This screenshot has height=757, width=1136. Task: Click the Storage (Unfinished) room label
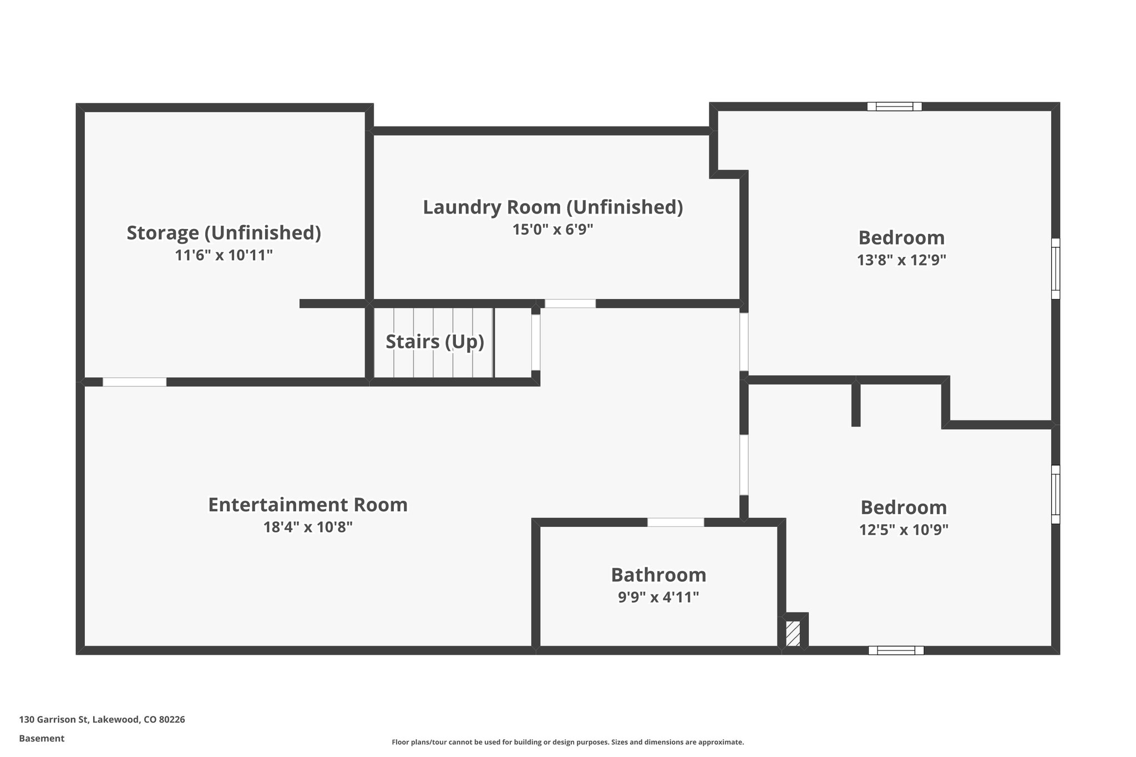click(224, 233)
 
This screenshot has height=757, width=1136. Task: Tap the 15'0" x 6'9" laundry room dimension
click(552, 230)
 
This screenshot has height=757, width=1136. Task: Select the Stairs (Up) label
click(434, 342)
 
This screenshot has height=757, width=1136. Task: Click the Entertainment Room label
click(307, 505)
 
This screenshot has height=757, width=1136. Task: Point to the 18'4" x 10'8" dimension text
click(307, 527)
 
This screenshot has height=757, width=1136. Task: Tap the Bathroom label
click(658, 575)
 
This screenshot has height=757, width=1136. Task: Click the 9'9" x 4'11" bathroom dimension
click(658, 597)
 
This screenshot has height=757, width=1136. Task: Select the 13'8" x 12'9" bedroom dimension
click(901, 260)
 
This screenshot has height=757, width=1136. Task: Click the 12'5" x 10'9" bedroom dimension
click(904, 530)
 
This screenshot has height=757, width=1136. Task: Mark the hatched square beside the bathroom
click(793, 633)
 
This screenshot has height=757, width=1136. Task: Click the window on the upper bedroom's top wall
click(894, 106)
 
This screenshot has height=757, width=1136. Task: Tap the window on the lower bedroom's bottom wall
click(896, 651)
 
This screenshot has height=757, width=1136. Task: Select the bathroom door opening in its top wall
click(676, 522)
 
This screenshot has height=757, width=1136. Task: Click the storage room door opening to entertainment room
click(134, 382)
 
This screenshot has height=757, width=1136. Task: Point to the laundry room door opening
click(570, 304)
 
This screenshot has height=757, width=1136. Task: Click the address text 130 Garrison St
click(102, 719)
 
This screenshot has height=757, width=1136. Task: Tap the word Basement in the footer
click(42, 738)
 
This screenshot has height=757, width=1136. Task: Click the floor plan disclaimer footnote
click(567, 742)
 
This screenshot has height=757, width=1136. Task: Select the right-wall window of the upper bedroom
click(1056, 268)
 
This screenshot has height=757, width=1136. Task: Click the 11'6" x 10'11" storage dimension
click(224, 256)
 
